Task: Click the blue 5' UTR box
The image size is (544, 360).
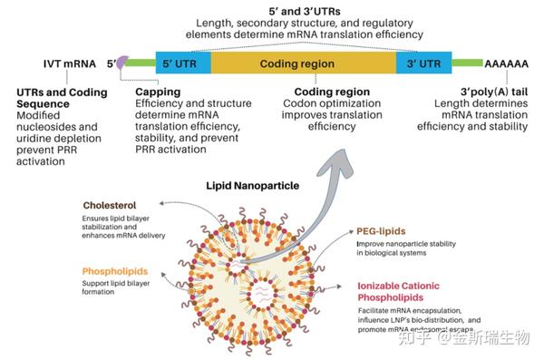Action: pos(182,63)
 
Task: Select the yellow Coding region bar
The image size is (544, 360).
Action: pos(303,63)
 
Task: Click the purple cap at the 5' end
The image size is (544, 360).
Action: pos(121,61)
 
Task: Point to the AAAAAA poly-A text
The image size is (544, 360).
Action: pos(503,65)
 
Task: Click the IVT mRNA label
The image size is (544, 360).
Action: pos(69,65)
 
